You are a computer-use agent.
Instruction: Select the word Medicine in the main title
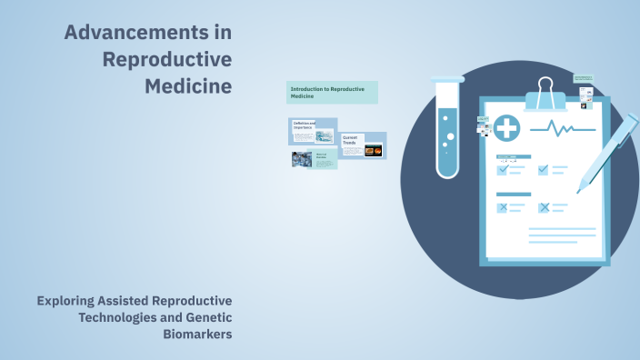click(188, 87)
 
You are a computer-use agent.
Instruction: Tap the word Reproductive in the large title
click(166, 60)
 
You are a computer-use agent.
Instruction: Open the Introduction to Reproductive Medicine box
click(332, 92)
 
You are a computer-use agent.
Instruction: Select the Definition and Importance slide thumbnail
click(313, 131)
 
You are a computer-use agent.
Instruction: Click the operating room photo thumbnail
click(302, 159)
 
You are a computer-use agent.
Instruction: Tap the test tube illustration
click(447, 126)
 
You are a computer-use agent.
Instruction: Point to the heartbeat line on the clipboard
click(563, 129)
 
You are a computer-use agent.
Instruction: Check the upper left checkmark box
click(502, 169)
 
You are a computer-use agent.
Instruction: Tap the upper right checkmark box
click(544, 169)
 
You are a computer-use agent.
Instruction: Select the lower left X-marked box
click(502, 207)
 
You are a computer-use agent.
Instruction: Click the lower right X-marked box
click(544, 207)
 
